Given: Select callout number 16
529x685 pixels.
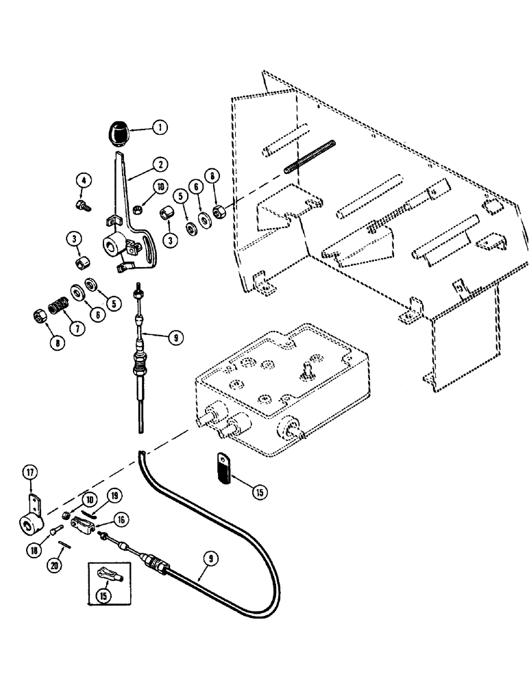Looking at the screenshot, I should point(121,520).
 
